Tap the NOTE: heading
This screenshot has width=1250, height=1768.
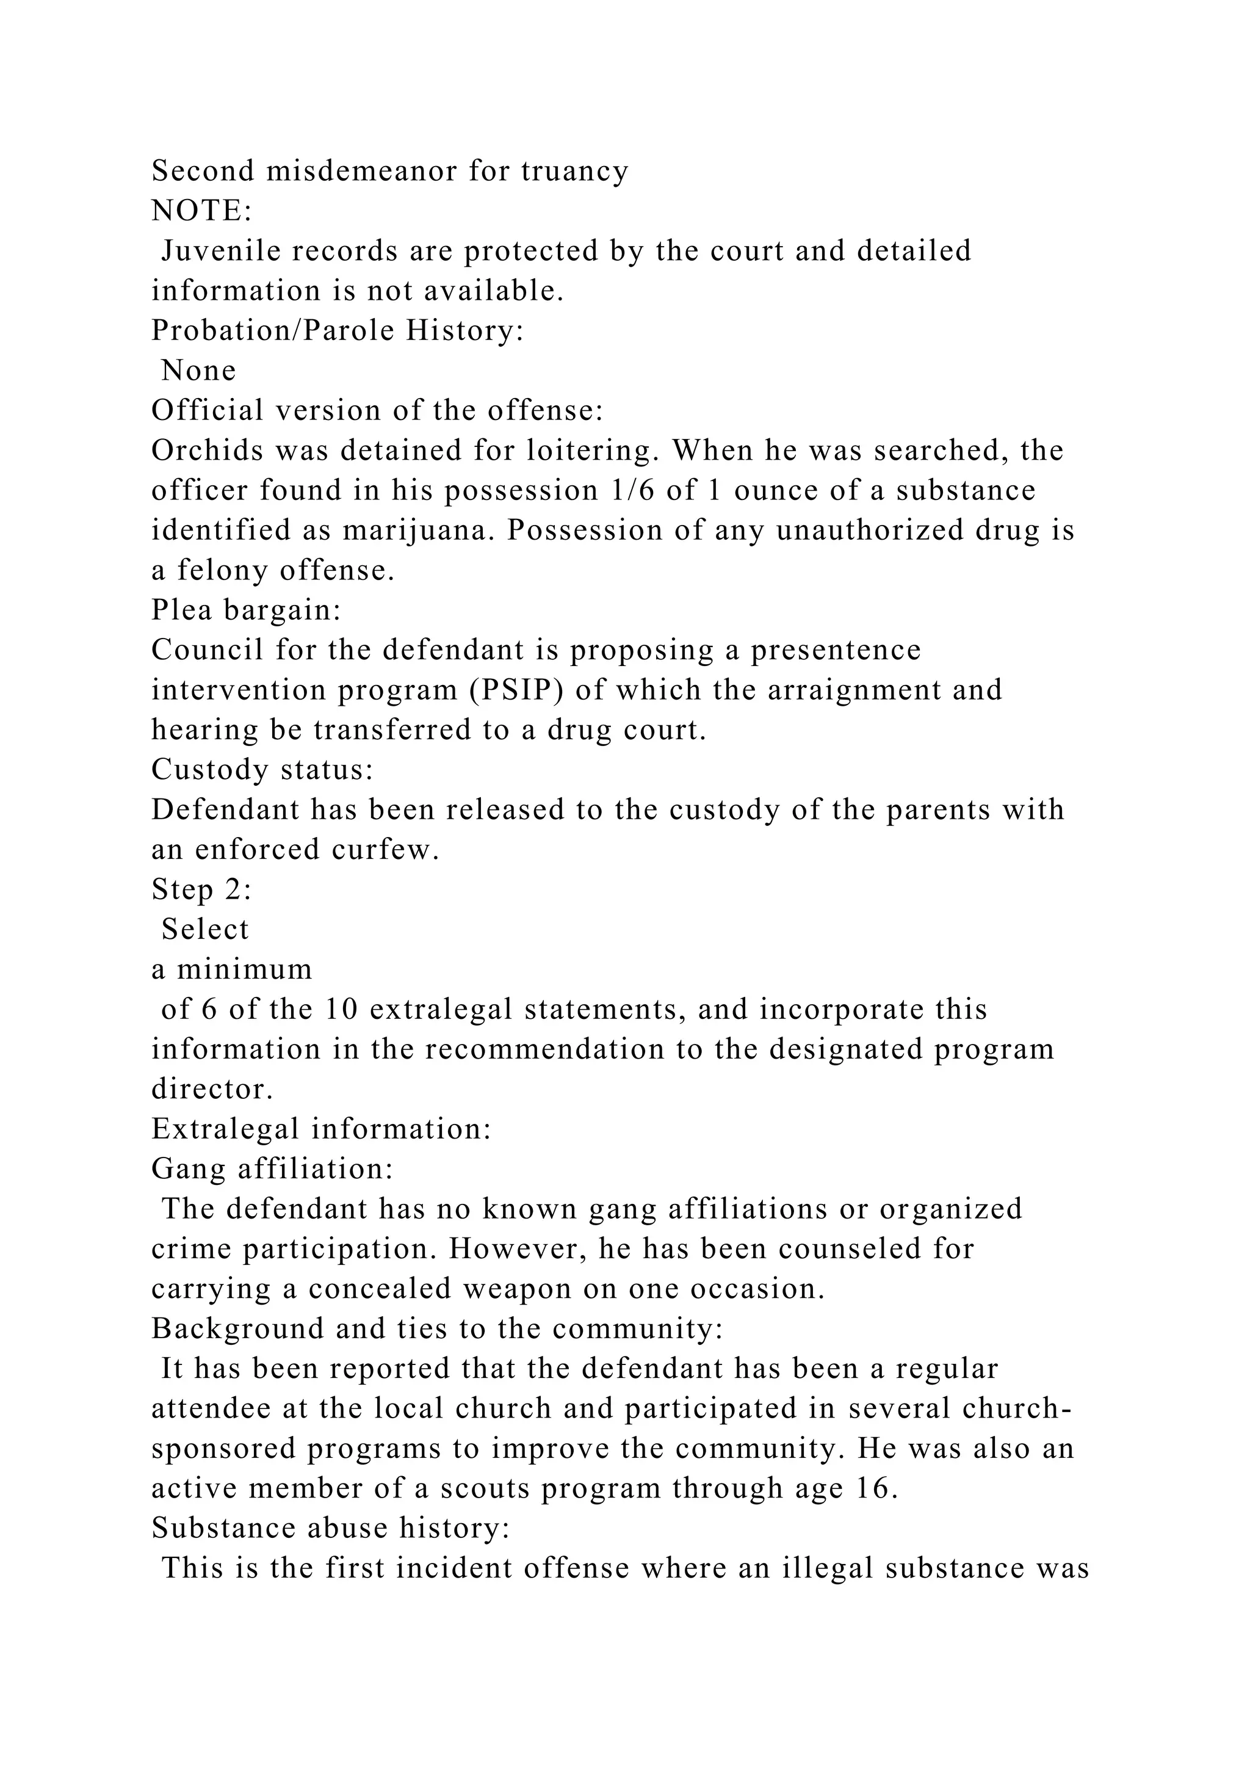201,211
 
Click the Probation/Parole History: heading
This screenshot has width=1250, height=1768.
337,331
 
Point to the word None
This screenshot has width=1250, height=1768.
198,371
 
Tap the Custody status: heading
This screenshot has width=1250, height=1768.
262,770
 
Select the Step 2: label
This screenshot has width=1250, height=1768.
201,890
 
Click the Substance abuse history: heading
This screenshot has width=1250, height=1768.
330,1529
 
